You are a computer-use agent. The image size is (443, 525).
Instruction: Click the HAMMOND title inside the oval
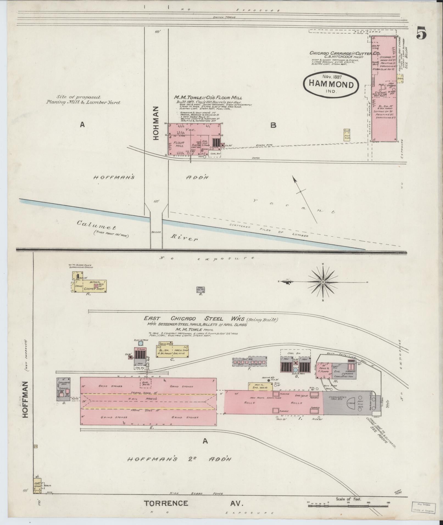pos(331,85)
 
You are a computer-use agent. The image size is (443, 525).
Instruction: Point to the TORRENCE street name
pos(166,503)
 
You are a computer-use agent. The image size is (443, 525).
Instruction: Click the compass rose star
pos(323,282)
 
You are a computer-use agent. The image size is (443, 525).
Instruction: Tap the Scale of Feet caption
pos(348,499)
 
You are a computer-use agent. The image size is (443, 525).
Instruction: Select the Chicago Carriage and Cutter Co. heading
pos(344,53)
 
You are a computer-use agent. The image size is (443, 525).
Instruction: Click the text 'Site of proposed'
pos(79,97)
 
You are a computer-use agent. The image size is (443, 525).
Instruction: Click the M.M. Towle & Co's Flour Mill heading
pos(208,97)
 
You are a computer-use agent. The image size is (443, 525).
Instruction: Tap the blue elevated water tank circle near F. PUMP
pos(141,343)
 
